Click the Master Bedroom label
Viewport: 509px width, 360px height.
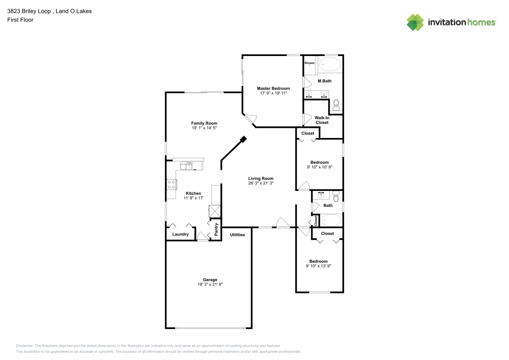273,88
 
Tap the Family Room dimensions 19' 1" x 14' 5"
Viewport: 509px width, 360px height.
204,128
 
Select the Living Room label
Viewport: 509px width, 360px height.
261,178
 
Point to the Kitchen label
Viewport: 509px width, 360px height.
193,193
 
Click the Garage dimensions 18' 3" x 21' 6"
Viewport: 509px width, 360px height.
210,284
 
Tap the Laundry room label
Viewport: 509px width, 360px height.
180,234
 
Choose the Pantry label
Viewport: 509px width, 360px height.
216,229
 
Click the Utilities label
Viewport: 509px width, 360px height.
237,235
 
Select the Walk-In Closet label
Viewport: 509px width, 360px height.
322,120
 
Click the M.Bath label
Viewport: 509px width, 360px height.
325,81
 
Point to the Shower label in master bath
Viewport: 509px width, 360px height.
309,63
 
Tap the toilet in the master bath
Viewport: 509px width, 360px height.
336,105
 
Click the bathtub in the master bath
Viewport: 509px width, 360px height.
329,64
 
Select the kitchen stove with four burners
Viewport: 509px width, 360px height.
171,185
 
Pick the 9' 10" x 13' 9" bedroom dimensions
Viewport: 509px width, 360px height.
319,266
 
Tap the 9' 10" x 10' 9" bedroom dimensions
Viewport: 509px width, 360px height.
320,167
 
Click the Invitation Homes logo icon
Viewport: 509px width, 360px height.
415,22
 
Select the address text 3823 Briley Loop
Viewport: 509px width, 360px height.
29,11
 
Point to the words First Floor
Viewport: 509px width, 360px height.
20,20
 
